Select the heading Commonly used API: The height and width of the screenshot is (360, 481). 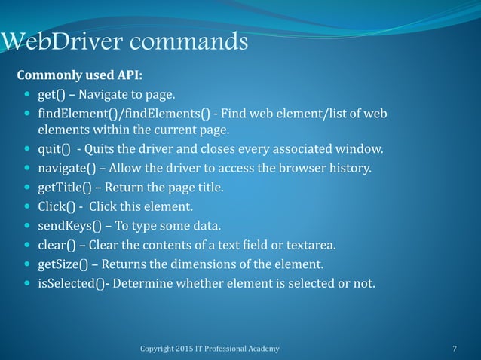[x=79, y=76]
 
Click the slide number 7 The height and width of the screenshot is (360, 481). [x=454, y=349]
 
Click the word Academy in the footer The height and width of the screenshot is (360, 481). [x=263, y=349]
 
